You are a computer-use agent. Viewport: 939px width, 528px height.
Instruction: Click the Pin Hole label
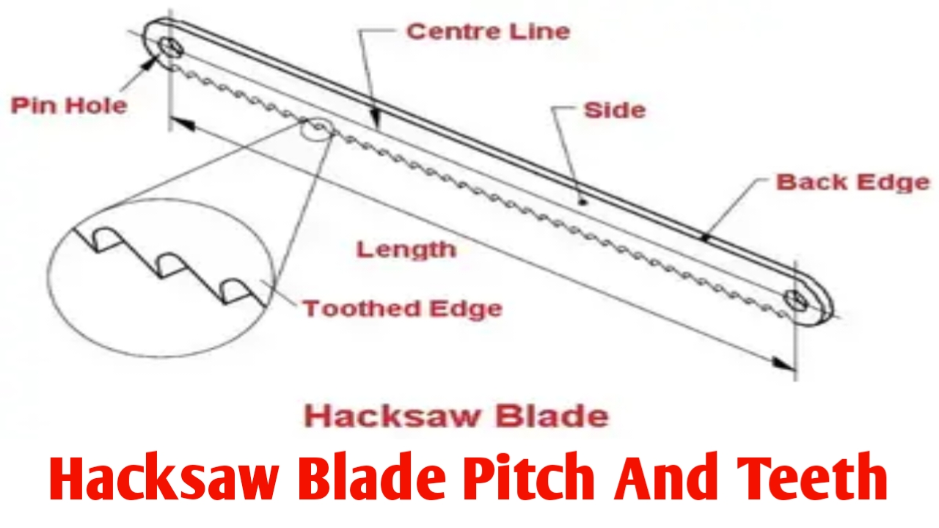(x=69, y=105)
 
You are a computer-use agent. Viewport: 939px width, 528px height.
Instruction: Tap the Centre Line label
(x=488, y=32)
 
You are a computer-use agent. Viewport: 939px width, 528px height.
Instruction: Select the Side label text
(x=614, y=110)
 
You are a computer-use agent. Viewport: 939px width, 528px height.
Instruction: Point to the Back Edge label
(x=852, y=182)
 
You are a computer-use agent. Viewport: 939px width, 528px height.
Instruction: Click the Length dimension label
(x=406, y=249)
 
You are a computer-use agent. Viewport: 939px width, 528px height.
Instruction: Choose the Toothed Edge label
(x=402, y=308)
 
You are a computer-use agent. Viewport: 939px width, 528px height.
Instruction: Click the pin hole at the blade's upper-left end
(x=173, y=47)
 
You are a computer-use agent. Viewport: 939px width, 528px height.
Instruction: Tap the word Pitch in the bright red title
(x=530, y=477)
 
